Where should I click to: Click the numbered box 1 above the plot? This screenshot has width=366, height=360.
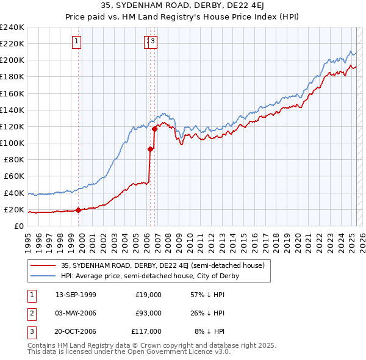coord(77,41)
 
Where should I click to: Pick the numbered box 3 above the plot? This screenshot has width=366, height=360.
coord(152,41)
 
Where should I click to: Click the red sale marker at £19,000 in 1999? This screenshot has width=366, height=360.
coord(79,211)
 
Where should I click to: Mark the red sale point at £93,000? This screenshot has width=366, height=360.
coord(150,149)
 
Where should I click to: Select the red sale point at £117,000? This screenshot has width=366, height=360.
coord(155,129)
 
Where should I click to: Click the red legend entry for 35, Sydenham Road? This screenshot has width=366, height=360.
coord(162,265)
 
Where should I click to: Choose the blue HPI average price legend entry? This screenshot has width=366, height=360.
coord(149,276)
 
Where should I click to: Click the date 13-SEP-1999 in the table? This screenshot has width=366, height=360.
coord(76,294)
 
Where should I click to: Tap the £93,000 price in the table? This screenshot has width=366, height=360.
coord(149,313)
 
